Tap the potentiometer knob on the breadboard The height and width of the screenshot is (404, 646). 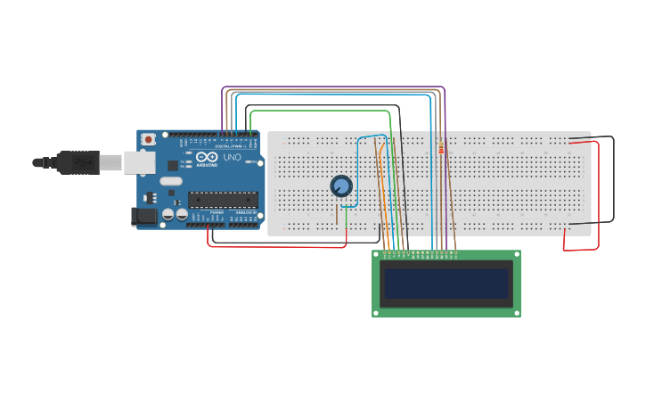[341, 186]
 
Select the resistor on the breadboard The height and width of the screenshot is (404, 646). [441, 149]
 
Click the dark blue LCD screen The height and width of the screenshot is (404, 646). [446, 284]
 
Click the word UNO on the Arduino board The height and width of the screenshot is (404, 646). [231, 157]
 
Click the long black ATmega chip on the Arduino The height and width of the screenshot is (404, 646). [222, 199]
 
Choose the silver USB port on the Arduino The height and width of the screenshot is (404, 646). [138, 161]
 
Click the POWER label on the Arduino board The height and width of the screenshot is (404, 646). [217, 211]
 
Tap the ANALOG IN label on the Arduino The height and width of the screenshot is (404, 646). [243, 211]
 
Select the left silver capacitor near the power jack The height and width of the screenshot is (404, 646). [167, 215]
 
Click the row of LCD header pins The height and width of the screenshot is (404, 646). [420, 254]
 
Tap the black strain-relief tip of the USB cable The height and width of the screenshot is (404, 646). [40, 162]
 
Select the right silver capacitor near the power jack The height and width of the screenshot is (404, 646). [181, 215]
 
